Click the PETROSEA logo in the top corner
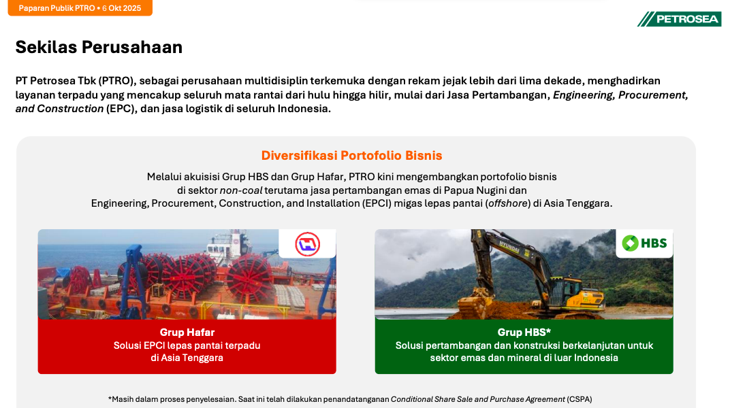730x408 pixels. [680, 19]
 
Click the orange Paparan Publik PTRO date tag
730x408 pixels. [80, 8]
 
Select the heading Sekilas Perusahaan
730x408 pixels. [99, 48]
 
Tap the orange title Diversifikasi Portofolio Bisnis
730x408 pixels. [351, 155]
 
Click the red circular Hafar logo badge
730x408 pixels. [307, 243]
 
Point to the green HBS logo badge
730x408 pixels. [644, 243]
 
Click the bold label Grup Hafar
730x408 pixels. [187, 333]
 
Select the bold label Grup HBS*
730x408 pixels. [524, 333]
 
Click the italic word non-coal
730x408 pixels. [240, 190]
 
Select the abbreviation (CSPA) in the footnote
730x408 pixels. [579, 399]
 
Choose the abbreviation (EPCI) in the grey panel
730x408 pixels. [377, 203]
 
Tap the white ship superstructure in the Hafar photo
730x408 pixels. [228, 245]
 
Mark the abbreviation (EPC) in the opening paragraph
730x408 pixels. [120, 109]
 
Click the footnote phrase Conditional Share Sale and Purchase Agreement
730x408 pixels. [477, 399]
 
